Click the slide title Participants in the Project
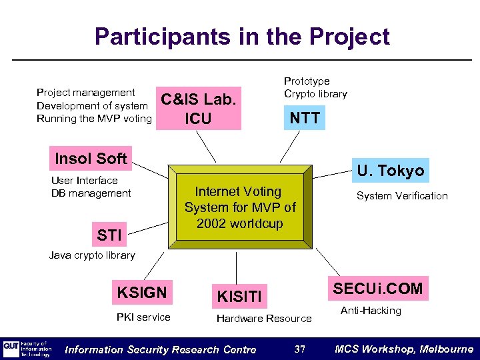[x=242, y=36]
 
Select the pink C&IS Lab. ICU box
[x=198, y=109]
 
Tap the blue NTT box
[x=305, y=119]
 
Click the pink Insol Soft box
[x=91, y=159]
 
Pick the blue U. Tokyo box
[x=390, y=170]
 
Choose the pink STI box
[x=109, y=235]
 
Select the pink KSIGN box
[x=141, y=291]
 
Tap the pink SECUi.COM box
[x=378, y=289]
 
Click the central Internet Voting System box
[x=240, y=208]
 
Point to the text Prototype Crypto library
[x=315, y=87]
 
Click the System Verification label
[x=402, y=195]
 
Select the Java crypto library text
[x=92, y=255]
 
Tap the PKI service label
[x=143, y=317]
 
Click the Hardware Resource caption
[x=264, y=319]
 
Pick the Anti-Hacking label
[x=371, y=311]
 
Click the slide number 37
[x=299, y=349]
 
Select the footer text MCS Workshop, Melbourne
[x=404, y=349]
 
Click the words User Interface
[x=84, y=180]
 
